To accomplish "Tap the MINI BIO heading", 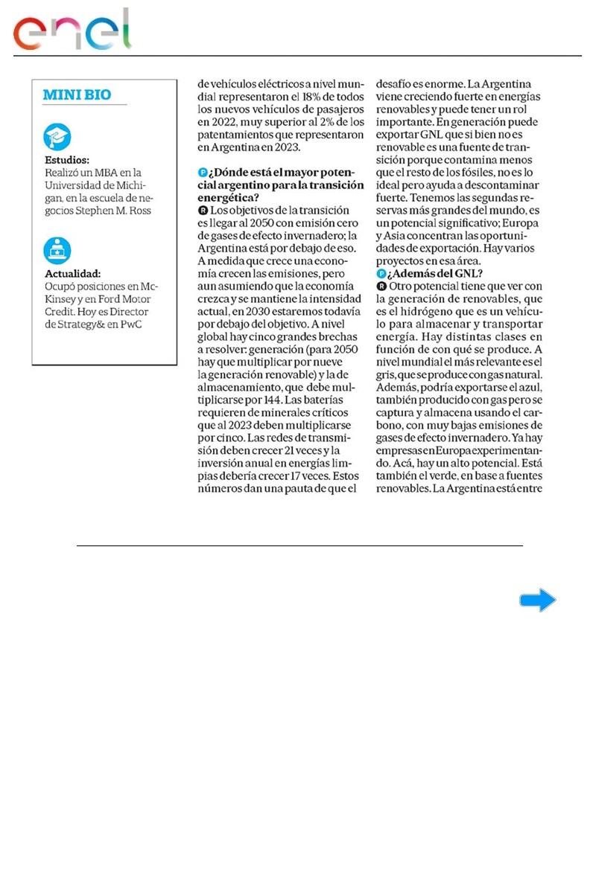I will coord(77,95).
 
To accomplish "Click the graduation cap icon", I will coord(57,137).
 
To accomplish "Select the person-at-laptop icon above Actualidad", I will coord(57,250).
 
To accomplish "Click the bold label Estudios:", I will coord(68,160).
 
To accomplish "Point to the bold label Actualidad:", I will coord(72,273).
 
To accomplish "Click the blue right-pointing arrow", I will coord(538,600).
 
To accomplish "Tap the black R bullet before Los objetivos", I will coord(203,211).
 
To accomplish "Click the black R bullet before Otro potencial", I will coord(382,286).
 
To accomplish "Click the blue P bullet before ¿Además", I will coord(381,273).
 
